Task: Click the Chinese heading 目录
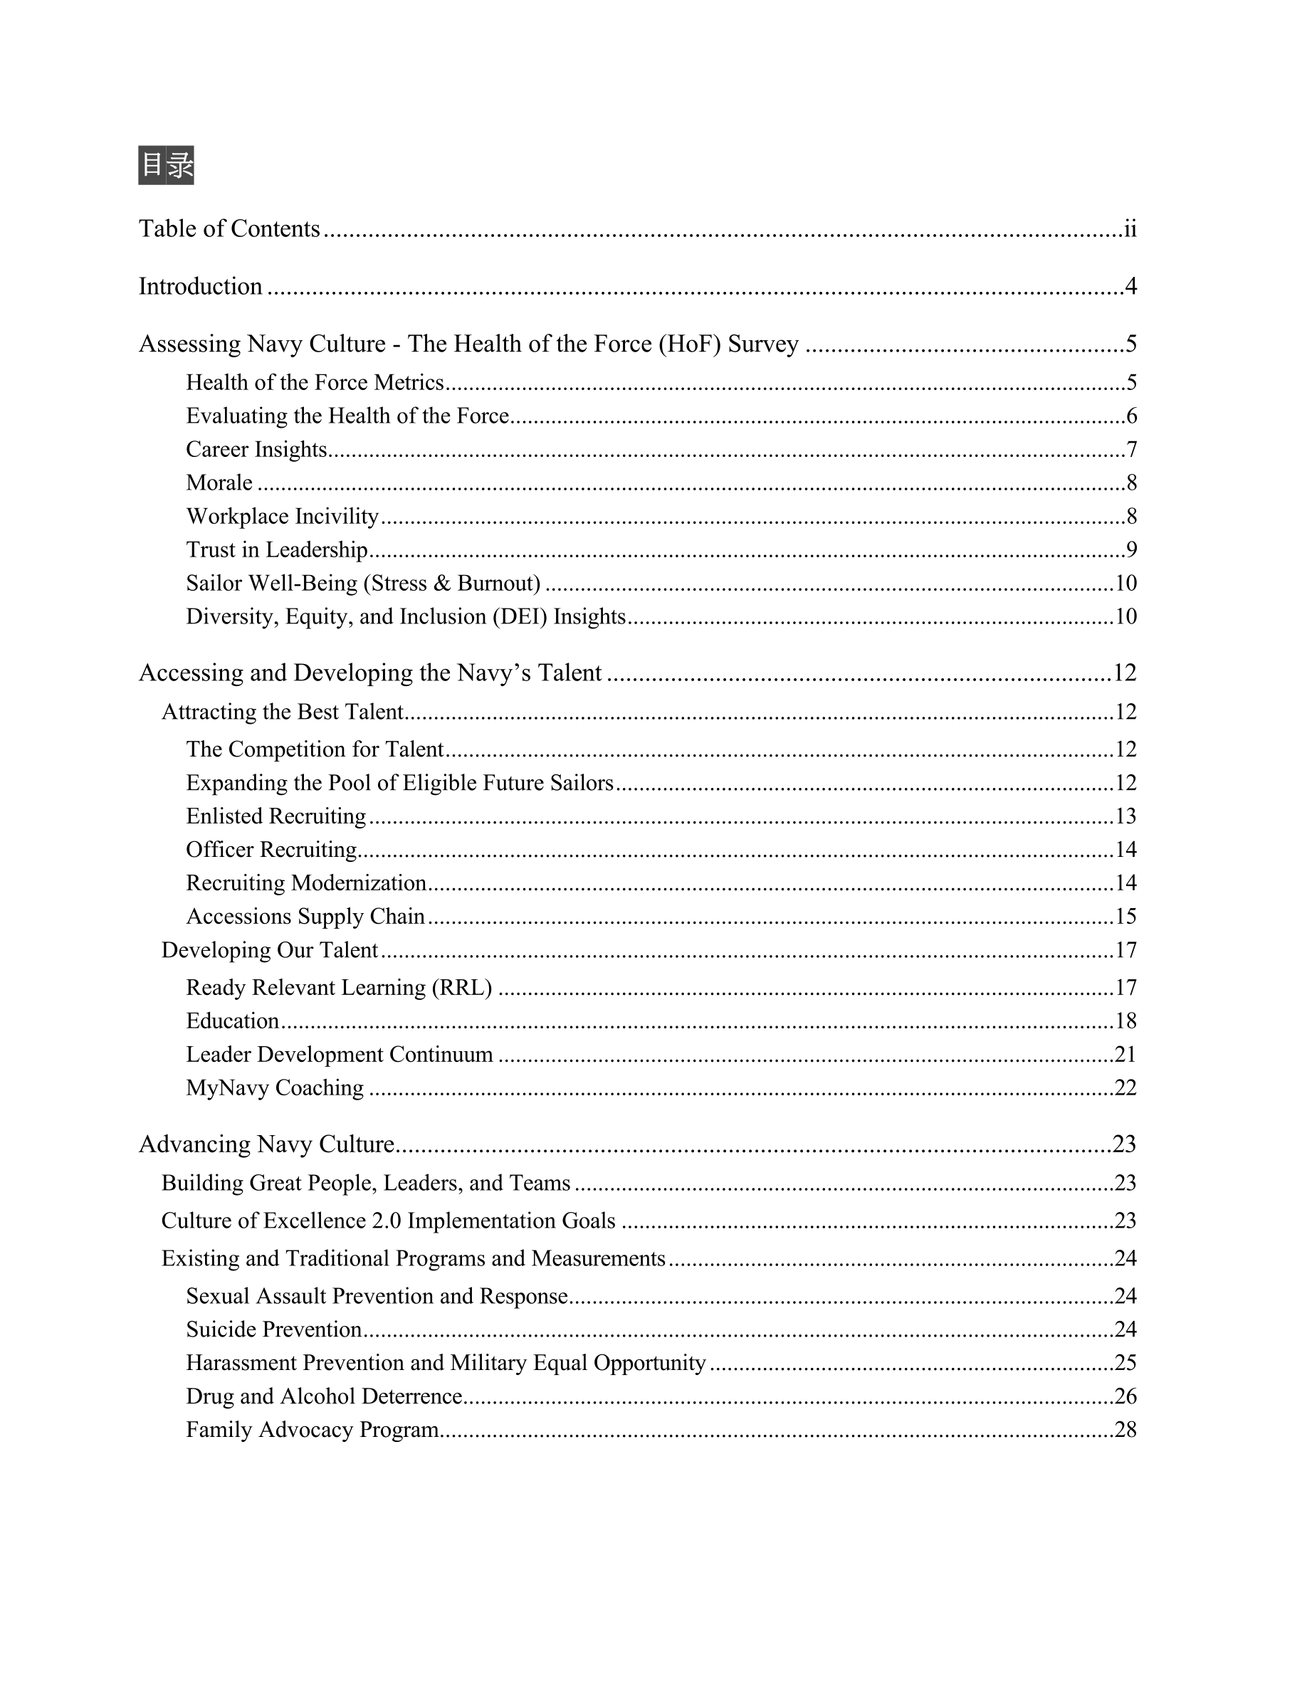[166, 165]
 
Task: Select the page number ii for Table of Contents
[1130, 229]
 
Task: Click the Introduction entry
[201, 287]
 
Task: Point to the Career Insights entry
[256, 450]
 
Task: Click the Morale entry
[219, 483]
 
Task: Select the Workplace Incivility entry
[283, 517]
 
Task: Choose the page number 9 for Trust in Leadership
[1131, 549]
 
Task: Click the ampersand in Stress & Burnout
[442, 583]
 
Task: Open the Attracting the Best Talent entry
[283, 712]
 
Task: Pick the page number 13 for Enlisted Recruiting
[1125, 816]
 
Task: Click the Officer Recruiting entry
[271, 849]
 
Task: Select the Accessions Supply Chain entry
[305, 917]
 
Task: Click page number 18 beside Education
[1125, 1021]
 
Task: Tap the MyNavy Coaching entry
[275, 1088]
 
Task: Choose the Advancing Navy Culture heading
[266, 1144]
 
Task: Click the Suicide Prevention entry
[274, 1329]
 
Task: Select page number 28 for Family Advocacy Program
[1125, 1429]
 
